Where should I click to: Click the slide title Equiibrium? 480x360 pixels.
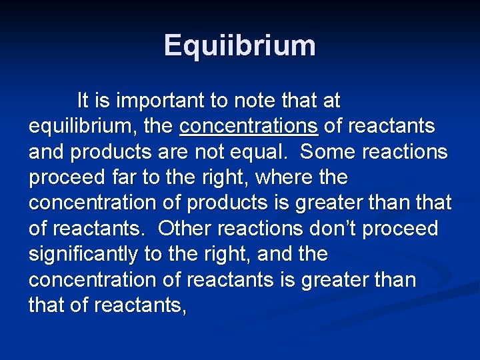click(239, 45)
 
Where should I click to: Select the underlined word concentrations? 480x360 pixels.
click(249, 126)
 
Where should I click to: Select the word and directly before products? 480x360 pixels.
click(47, 152)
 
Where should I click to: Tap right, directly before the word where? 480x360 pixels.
click(223, 177)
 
